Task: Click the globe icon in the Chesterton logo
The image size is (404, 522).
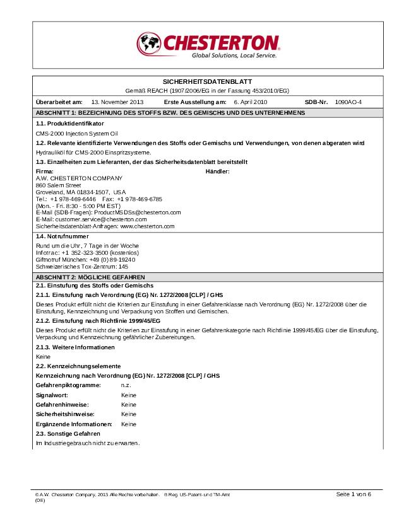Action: (x=149, y=43)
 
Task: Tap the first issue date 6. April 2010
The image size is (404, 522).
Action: (x=250, y=101)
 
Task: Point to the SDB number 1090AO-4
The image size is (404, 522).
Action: (x=348, y=101)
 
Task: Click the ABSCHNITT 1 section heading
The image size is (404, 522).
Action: (x=170, y=112)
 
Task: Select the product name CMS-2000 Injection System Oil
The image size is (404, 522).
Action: (x=77, y=134)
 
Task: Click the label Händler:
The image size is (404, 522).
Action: (x=218, y=171)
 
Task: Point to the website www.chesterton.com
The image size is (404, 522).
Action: (x=147, y=226)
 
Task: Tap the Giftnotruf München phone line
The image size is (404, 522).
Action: (x=85, y=259)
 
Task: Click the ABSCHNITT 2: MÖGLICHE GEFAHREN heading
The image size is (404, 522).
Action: (x=90, y=277)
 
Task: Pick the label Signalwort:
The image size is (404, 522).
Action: (x=52, y=395)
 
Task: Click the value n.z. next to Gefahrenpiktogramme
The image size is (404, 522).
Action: (x=126, y=384)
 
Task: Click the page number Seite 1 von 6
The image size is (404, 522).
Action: (x=353, y=494)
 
